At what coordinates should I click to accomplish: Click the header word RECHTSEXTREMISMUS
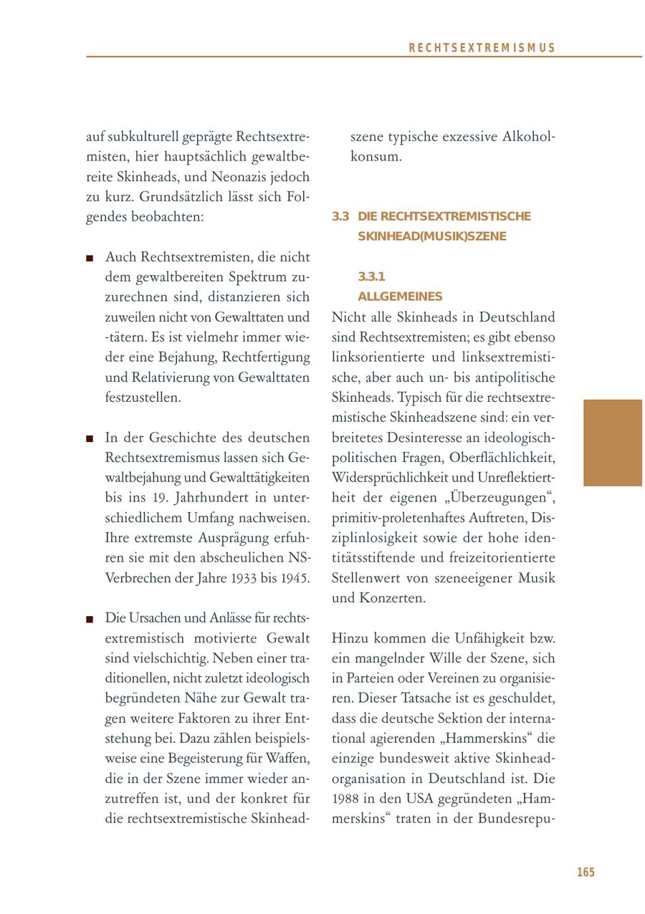(482, 48)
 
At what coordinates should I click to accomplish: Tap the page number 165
(586, 872)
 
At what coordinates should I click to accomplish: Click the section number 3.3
(340, 216)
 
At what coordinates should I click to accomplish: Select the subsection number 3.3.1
(372, 276)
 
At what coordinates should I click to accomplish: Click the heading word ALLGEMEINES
(400, 297)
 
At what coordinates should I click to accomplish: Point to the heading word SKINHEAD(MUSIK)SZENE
(431, 236)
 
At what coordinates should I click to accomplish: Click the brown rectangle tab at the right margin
(613, 443)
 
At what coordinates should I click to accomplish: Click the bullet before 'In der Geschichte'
(90, 438)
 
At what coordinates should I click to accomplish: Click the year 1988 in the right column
(347, 799)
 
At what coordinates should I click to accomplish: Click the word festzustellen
(143, 397)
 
